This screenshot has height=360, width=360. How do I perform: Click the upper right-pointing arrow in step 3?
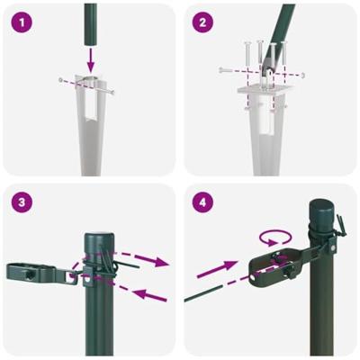tap(144, 262)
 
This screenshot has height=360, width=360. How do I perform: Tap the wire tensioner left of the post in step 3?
tap(36, 269)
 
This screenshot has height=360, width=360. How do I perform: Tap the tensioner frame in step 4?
tap(269, 266)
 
